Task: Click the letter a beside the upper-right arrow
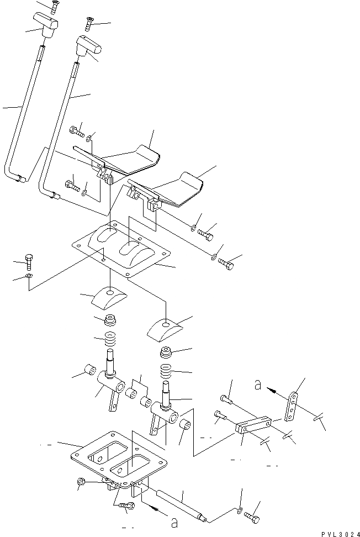pyautogui.click(x=258, y=386)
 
